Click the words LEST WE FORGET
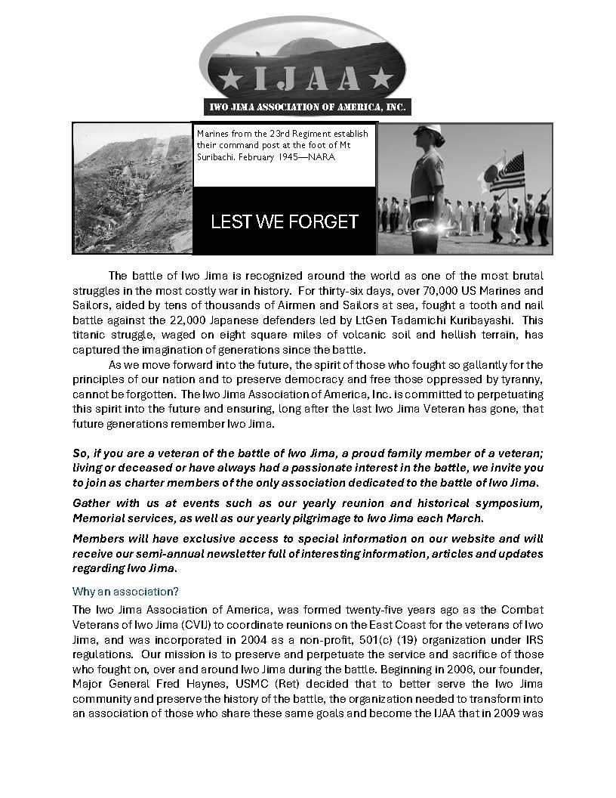click(x=284, y=221)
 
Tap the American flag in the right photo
click(x=507, y=173)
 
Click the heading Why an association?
click(x=125, y=591)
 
